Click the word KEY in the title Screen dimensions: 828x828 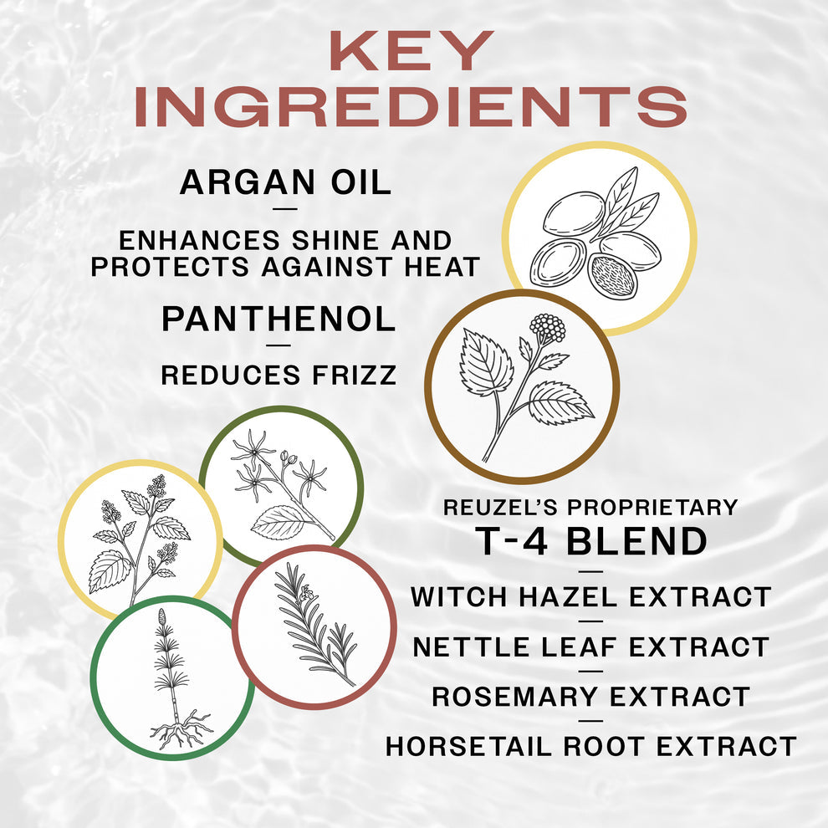(x=409, y=52)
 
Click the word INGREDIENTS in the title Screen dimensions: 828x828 (x=411, y=106)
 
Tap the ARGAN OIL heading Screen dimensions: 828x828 (x=285, y=182)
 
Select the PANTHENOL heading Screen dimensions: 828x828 (x=278, y=319)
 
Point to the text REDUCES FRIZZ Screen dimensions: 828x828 (x=279, y=376)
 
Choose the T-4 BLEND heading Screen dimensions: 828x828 (x=590, y=541)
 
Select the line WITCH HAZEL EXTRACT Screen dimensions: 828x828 (x=590, y=597)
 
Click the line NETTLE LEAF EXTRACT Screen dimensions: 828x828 (x=590, y=647)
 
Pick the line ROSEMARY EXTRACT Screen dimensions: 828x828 (x=590, y=696)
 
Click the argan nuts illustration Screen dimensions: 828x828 (x=599, y=238)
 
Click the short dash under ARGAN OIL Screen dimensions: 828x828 (x=285, y=210)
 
